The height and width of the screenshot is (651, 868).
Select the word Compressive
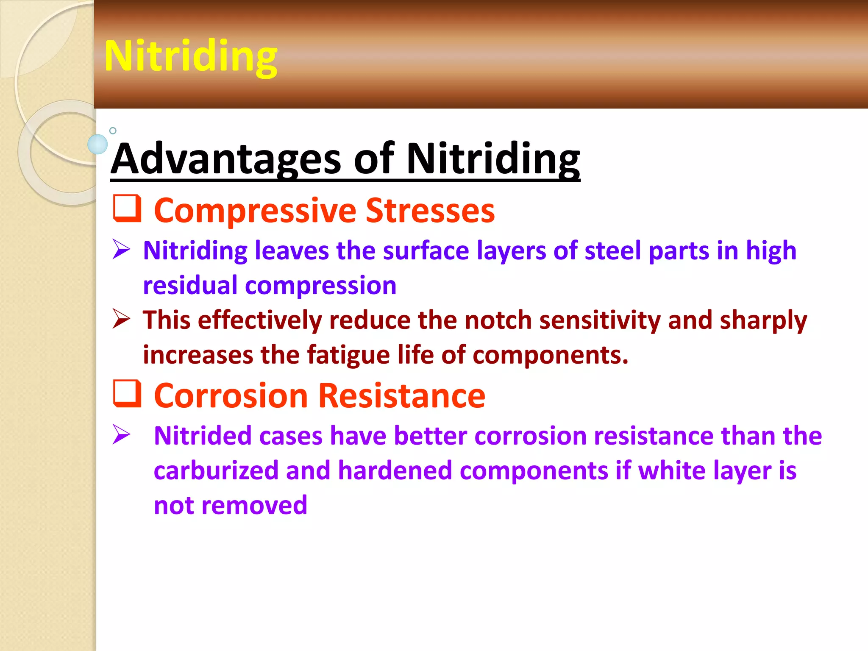click(255, 211)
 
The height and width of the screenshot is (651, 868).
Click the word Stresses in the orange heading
click(430, 211)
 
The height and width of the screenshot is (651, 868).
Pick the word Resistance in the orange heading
click(401, 395)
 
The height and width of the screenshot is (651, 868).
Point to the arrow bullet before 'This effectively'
click(121, 319)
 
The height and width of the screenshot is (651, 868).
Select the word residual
click(190, 285)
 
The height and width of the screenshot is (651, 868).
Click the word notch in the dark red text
click(498, 320)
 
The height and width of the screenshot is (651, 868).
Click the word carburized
click(216, 470)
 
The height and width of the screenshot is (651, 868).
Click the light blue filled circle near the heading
click(97, 144)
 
